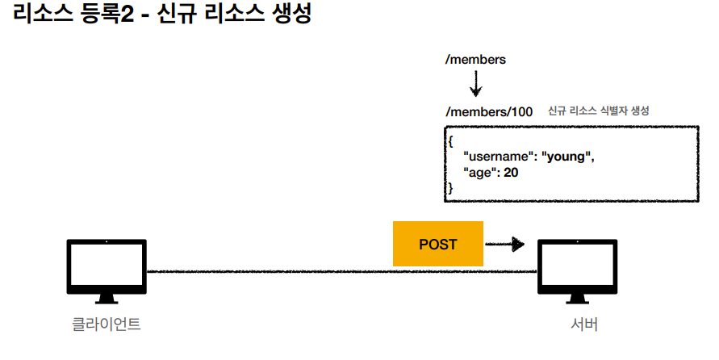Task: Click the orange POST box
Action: tap(438, 244)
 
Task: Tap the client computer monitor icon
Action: tap(105, 270)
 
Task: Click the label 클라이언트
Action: tap(105, 326)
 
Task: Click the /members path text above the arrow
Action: tap(475, 60)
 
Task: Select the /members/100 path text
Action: tap(489, 111)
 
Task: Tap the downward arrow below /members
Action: tap(476, 83)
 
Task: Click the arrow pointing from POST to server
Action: tap(505, 244)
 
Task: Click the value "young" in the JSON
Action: tap(567, 157)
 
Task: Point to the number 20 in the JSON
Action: tap(511, 172)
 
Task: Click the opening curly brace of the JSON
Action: tap(451, 141)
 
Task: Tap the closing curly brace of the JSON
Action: tap(451, 187)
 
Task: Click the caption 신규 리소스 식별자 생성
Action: tap(599, 111)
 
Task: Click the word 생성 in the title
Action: tap(287, 16)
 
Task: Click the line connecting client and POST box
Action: tap(266, 272)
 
